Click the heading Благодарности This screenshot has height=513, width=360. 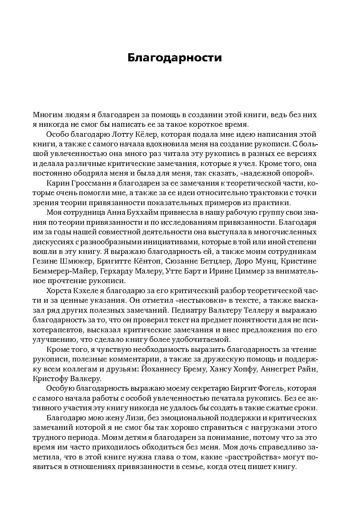pos(174,58)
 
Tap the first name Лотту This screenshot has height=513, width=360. pos(122,135)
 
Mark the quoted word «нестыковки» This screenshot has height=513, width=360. pos(210,300)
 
